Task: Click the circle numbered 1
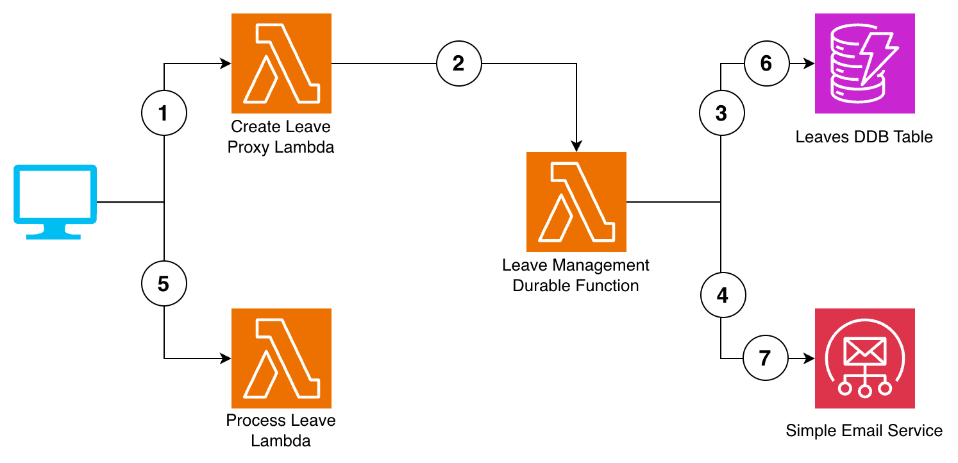(x=164, y=114)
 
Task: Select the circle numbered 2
(x=459, y=63)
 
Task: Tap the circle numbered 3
(x=721, y=114)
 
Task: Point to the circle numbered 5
(x=164, y=283)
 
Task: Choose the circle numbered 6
(x=766, y=63)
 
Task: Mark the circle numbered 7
(x=765, y=358)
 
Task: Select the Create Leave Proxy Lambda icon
(x=282, y=63)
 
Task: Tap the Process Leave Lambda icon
(x=282, y=358)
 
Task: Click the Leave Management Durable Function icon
(x=576, y=202)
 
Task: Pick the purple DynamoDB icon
(x=864, y=63)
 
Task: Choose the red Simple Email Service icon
(x=864, y=358)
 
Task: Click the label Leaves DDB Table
(x=864, y=137)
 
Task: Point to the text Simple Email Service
(x=864, y=430)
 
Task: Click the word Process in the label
(x=255, y=421)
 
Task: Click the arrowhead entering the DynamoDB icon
(x=809, y=63)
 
